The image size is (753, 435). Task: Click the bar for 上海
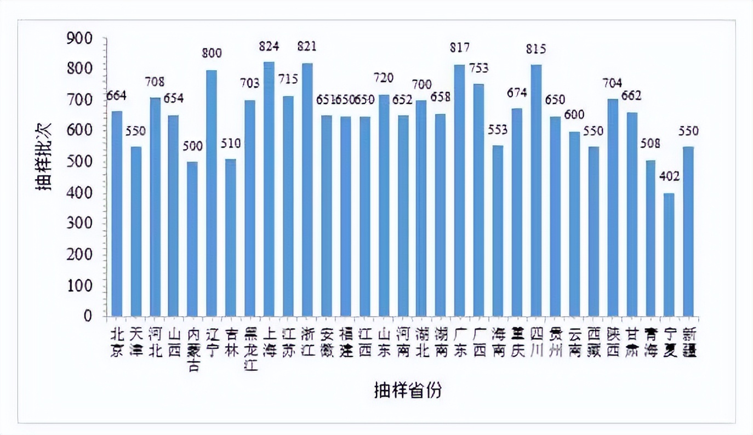pyautogui.click(x=269, y=189)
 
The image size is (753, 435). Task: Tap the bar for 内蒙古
pyautogui.click(x=192, y=239)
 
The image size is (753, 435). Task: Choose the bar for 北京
pyautogui.click(x=116, y=214)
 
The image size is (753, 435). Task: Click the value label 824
pyautogui.click(x=269, y=46)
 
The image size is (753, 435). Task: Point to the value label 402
pyautogui.click(x=669, y=176)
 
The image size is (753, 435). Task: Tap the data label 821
pyautogui.click(x=306, y=46)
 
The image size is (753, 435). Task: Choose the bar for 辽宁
pyautogui.click(x=212, y=193)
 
